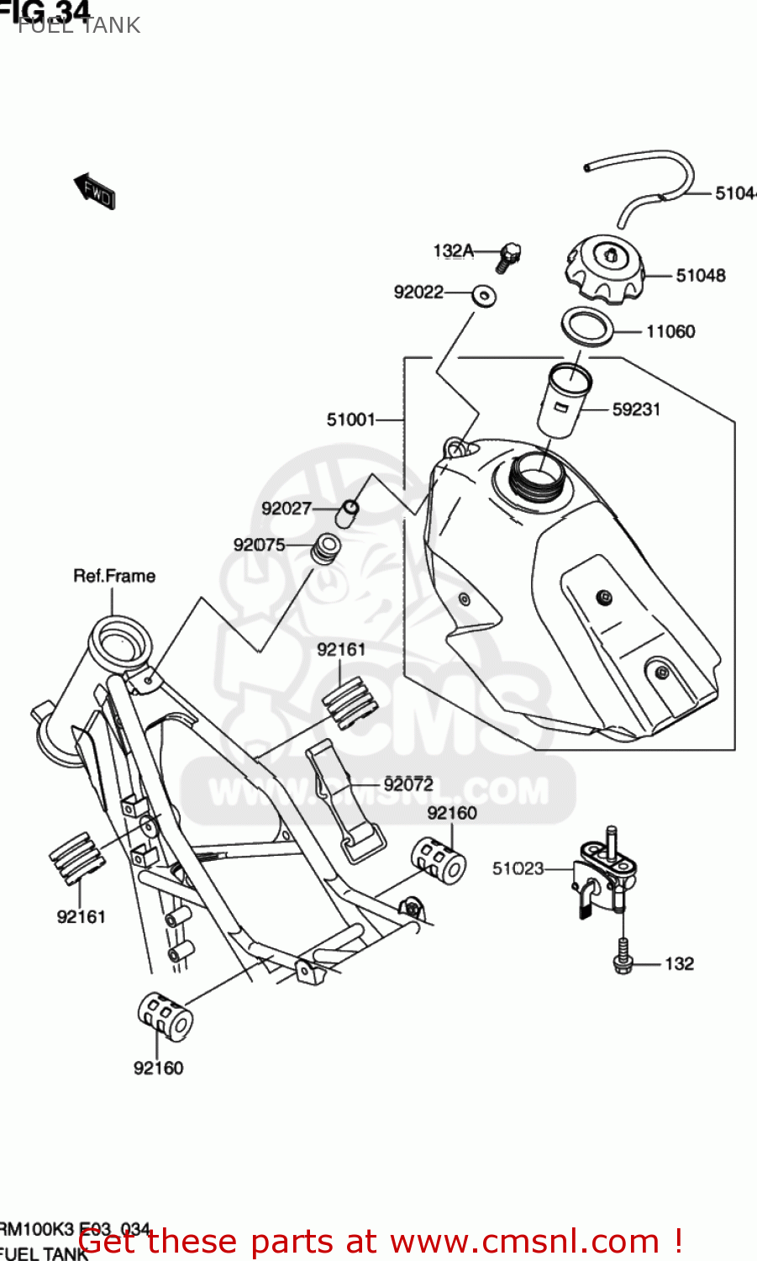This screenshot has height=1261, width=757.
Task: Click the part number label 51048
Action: (x=700, y=276)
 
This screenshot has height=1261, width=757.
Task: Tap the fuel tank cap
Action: (x=602, y=267)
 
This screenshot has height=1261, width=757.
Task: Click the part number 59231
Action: (x=636, y=409)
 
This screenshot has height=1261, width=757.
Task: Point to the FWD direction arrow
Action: (x=95, y=191)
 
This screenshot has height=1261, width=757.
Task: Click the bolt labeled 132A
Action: (x=507, y=256)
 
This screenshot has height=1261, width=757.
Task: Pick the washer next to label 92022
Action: (x=483, y=295)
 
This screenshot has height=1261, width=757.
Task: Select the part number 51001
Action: (x=350, y=419)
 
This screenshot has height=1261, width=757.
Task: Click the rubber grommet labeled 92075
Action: (x=325, y=548)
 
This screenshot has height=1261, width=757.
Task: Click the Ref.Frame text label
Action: (x=114, y=576)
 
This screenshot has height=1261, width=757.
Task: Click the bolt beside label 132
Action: (x=622, y=958)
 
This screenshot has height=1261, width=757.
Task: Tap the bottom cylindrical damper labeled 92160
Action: (x=166, y=1016)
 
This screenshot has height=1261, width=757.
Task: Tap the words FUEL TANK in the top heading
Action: (x=79, y=25)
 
